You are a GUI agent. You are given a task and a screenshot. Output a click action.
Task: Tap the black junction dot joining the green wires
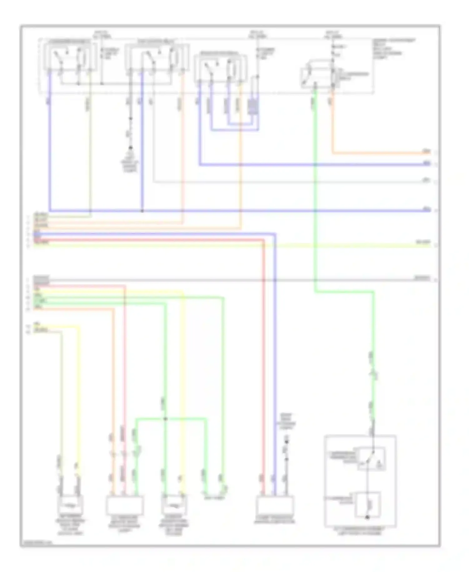165,419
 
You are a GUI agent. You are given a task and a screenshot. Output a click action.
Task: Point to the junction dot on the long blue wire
142,211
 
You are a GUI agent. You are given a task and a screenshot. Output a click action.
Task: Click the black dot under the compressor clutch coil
367,517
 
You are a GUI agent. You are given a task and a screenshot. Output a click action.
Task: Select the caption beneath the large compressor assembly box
360,531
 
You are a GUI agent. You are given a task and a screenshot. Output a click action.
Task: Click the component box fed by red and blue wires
275,505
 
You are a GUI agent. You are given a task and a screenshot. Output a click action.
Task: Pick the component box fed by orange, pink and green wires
125,505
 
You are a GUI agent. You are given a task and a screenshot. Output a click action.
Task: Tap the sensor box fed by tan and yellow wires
70,504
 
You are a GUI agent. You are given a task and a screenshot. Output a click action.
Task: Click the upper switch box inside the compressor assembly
372,459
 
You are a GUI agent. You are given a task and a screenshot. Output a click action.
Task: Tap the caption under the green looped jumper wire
214,498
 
